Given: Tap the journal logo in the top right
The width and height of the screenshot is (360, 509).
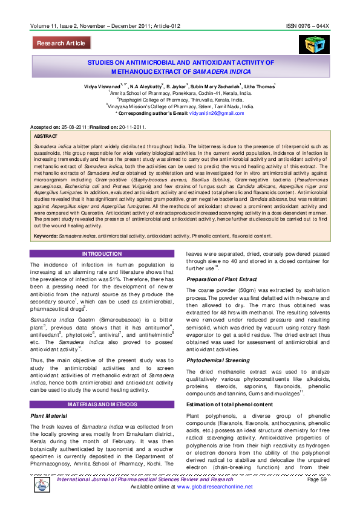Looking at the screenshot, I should (x=310, y=44).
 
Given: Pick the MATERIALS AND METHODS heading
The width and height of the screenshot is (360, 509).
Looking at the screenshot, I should (x=102, y=403).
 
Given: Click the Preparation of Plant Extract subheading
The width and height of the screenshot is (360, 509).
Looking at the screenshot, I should (x=225, y=279).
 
